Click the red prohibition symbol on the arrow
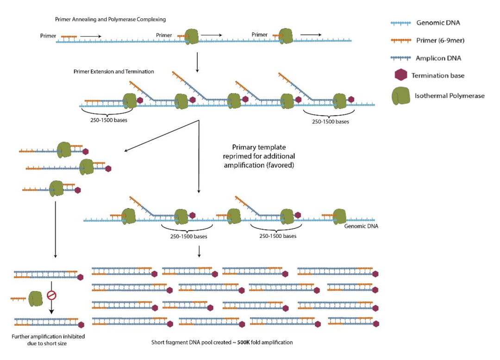(51, 294)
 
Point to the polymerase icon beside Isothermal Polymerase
(401, 96)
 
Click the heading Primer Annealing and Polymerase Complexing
(110, 19)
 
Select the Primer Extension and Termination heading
(113, 72)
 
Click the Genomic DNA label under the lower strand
(361, 226)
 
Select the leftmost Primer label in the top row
(49, 35)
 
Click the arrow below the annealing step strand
(198, 62)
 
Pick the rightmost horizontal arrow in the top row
(310, 34)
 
